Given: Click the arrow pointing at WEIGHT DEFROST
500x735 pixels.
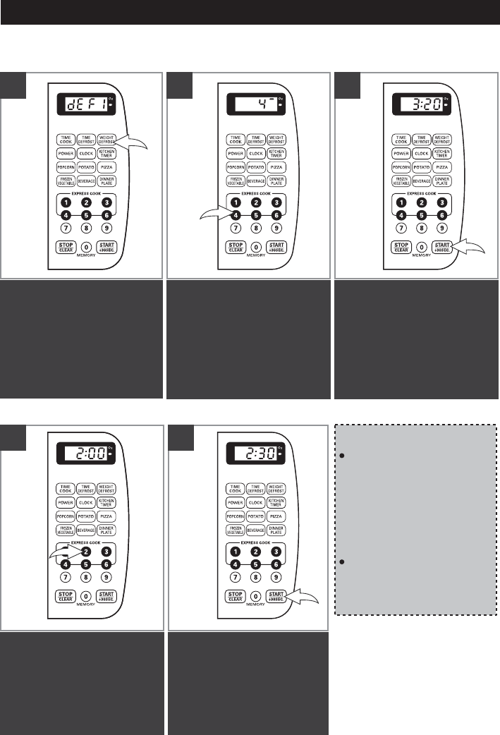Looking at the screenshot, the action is tap(138, 144).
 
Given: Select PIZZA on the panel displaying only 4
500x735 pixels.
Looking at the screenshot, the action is tap(276, 167).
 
